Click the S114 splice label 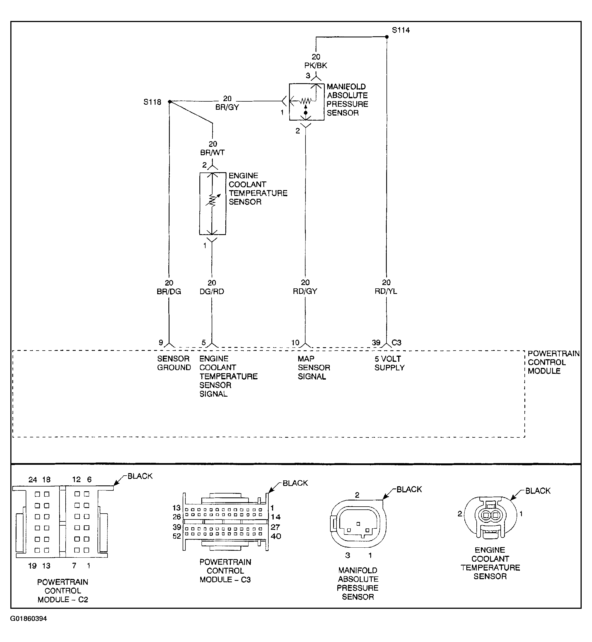(x=401, y=30)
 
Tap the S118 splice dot (x=170, y=102)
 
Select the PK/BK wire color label (x=316, y=66)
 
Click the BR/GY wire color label (x=227, y=107)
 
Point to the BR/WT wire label (x=213, y=153)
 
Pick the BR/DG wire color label (x=169, y=291)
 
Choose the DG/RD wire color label (x=212, y=291)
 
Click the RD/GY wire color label (x=305, y=291)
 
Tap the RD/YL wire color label (x=386, y=291)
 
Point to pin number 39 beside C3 (x=376, y=342)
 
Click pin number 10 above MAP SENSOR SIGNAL (x=295, y=342)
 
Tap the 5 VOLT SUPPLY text (x=390, y=363)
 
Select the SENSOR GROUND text (x=174, y=363)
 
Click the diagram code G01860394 (x=28, y=627)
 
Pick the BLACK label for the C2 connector (x=140, y=476)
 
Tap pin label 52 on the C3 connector (x=177, y=536)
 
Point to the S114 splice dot (x=387, y=37)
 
